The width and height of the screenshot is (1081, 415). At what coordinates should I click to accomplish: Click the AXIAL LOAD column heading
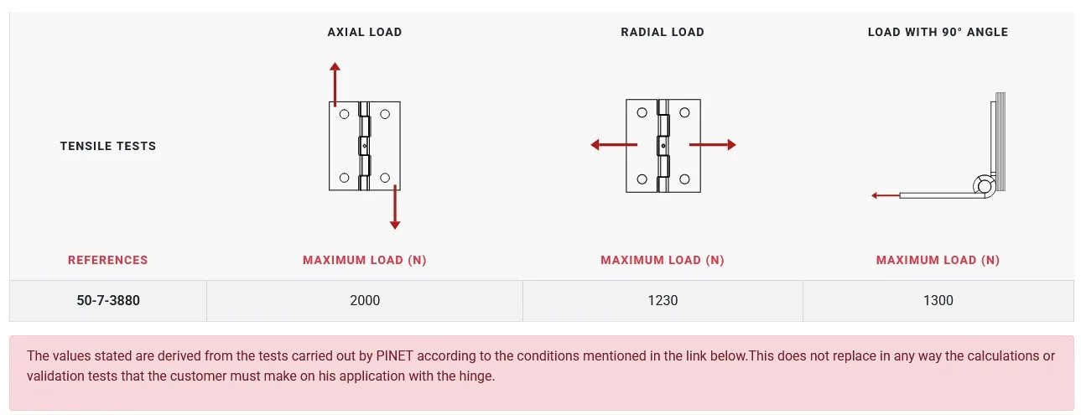pyautogui.click(x=364, y=32)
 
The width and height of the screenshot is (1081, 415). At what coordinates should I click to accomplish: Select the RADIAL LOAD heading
pyautogui.click(x=663, y=32)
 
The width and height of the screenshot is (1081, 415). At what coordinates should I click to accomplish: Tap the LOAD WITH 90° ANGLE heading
pyautogui.click(x=938, y=32)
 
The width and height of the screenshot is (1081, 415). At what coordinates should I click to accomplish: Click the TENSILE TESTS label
pyautogui.click(x=108, y=146)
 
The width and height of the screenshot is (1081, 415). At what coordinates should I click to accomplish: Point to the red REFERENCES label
pyautogui.click(x=107, y=260)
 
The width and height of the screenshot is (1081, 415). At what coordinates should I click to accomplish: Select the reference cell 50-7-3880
pyautogui.click(x=108, y=300)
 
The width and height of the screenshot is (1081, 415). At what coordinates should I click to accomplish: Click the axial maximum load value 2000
pyautogui.click(x=365, y=300)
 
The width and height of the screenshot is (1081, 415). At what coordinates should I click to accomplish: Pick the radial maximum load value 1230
pyautogui.click(x=663, y=300)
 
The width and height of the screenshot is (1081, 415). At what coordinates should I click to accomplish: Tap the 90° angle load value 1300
pyautogui.click(x=938, y=300)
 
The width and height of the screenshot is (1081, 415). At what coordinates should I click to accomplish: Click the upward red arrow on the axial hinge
pyautogui.click(x=335, y=85)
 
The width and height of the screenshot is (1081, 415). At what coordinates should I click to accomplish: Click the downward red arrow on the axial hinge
pyautogui.click(x=395, y=207)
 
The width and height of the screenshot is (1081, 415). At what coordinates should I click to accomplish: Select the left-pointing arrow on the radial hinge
pyautogui.click(x=614, y=145)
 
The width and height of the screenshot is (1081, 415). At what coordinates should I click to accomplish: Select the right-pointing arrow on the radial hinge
pyautogui.click(x=712, y=145)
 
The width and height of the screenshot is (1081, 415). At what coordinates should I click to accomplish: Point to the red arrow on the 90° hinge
pyautogui.click(x=886, y=195)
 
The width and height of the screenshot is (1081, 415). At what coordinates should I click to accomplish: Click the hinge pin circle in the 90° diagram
pyautogui.click(x=985, y=186)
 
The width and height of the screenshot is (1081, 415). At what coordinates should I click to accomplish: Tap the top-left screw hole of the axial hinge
pyautogui.click(x=344, y=114)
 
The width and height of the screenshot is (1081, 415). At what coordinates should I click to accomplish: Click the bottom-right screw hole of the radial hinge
pyautogui.click(x=684, y=179)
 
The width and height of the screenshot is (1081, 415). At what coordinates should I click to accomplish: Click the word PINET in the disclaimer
pyautogui.click(x=394, y=356)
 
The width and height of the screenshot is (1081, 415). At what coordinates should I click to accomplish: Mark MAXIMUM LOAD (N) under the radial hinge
pyautogui.click(x=663, y=260)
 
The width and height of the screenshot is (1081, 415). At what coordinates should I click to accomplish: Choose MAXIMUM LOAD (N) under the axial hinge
pyautogui.click(x=364, y=260)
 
